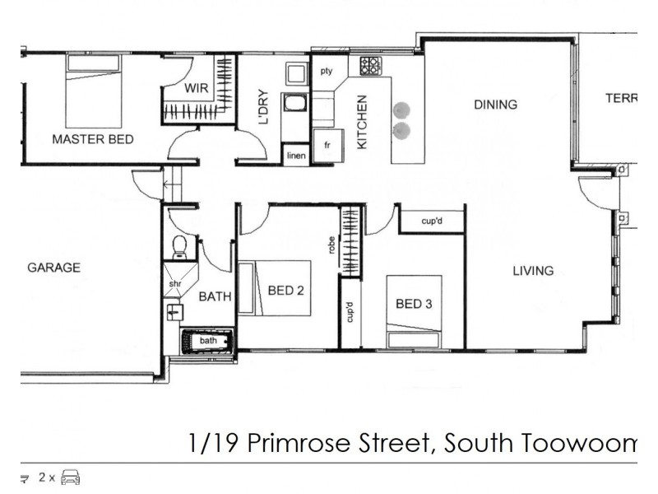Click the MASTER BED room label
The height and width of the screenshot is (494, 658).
pyautogui.click(x=92, y=139)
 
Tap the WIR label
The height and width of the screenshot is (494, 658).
pyautogui.click(x=195, y=87)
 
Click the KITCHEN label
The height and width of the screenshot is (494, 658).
pyautogui.click(x=361, y=122)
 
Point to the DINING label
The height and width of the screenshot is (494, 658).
pyautogui.click(x=494, y=105)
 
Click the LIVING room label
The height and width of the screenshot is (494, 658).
pyautogui.click(x=532, y=270)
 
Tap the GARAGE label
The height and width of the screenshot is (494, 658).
pyautogui.click(x=53, y=268)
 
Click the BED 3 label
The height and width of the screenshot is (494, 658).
pyautogui.click(x=414, y=304)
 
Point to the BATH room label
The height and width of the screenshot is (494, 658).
pyautogui.click(x=215, y=297)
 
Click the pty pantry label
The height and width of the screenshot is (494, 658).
pyautogui.click(x=327, y=71)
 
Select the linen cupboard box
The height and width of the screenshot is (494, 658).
pyautogui.click(x=295, y=155)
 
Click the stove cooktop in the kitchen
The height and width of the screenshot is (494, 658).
pyautogui.click(x=369, y=65)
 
